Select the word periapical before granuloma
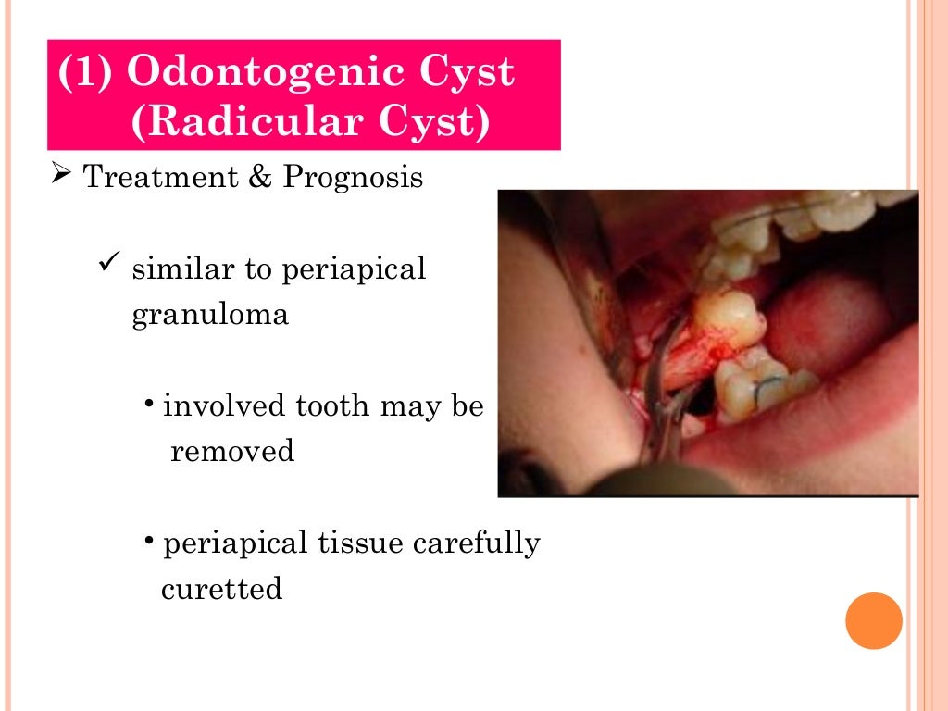coord(354,270)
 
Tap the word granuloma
coord(210,316)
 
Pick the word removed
coord(232,452)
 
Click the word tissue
coord(363,543)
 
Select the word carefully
coord(476,543)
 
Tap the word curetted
coord(221,589)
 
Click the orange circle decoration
coord(874,620)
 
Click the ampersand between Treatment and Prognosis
coord(256,177)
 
